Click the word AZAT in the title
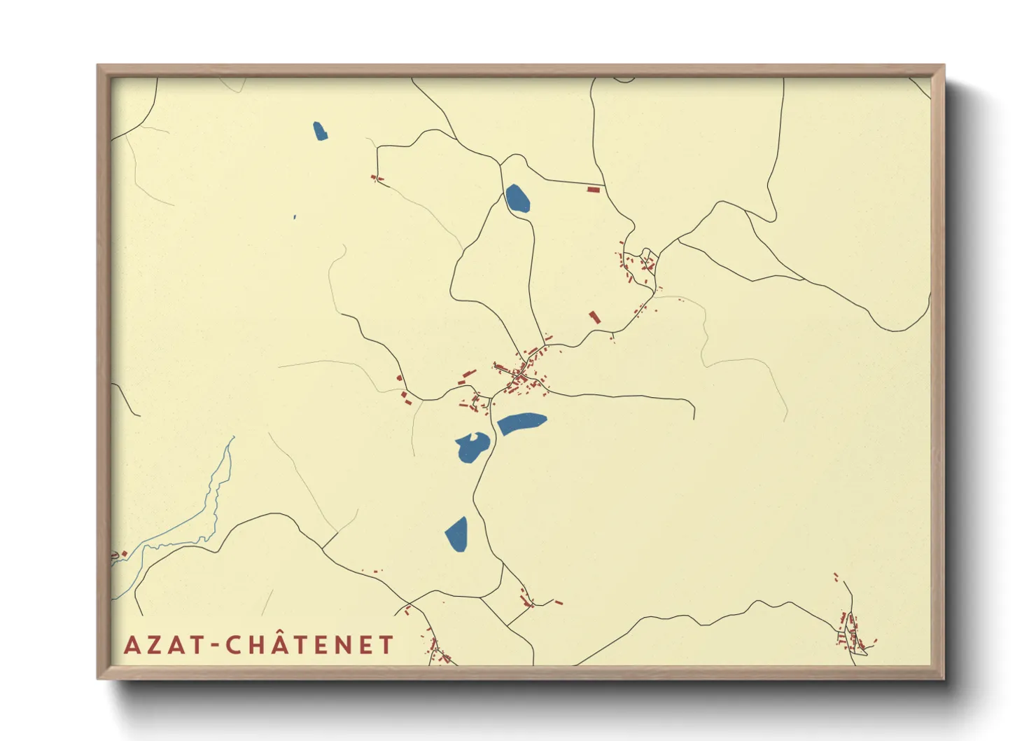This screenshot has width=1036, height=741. pyautogui.click(x=164, y=645)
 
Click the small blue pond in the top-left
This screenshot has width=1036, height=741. pyautogui.click(x=320, y=131)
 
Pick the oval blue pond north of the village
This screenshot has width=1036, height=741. pyautogui.click(x=517, y=198)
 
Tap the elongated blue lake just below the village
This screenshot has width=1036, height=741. pyautogui.click(x=521, y=423)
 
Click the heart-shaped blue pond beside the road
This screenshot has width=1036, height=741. pyautogui.click(x=472, y=447)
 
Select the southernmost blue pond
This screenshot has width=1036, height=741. pyautogui.click(x=456, y=534)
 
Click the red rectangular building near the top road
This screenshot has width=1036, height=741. pyautogui.click(x=593, y=189)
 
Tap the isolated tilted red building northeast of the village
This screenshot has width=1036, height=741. pyautogui.click(x=594, y=317)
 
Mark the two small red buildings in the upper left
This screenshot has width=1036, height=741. pyautogui.click(x=377, y=179)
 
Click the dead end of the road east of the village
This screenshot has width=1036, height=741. pyautogui.click(x=694, y=417)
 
